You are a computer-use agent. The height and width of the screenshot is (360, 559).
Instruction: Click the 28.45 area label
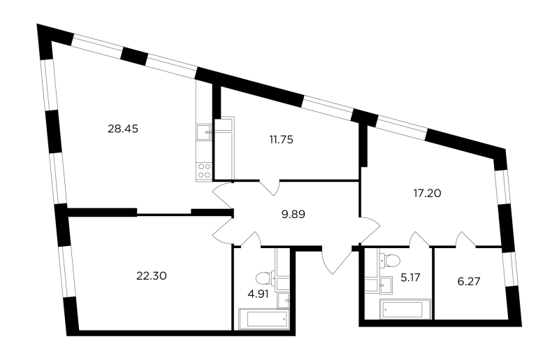click(x=123, y=129)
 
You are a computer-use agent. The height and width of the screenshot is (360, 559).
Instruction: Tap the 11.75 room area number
click(x=282, y=140)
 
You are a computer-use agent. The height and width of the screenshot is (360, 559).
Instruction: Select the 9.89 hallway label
click(x=293, y=215)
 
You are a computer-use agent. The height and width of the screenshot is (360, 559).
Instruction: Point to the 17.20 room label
click(x=427, y=194)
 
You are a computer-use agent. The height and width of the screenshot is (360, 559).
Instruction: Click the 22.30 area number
click(x=152, y=276)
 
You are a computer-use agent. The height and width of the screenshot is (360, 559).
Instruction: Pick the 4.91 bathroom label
click(x=258, y=295)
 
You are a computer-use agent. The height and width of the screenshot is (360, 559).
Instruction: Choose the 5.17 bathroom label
click(x=410, y=278)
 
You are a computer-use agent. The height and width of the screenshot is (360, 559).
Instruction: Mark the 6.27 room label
click(x=469, y=282)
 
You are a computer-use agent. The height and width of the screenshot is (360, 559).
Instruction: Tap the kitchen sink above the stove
click(x=204, y=132)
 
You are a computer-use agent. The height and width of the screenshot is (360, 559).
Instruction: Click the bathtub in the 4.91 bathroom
click(x=264, y=319)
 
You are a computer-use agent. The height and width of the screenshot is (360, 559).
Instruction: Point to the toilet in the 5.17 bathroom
click(x=391, y=260)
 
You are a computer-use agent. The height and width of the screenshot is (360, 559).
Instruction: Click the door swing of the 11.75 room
click(x=270, y=187)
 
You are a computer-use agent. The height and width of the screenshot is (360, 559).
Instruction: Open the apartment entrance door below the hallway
click(x=336, y=261)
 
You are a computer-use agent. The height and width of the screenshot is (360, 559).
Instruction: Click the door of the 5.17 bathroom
click(x=419, y=239)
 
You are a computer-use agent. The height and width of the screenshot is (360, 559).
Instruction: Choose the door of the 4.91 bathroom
click(x=252, y=239)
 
